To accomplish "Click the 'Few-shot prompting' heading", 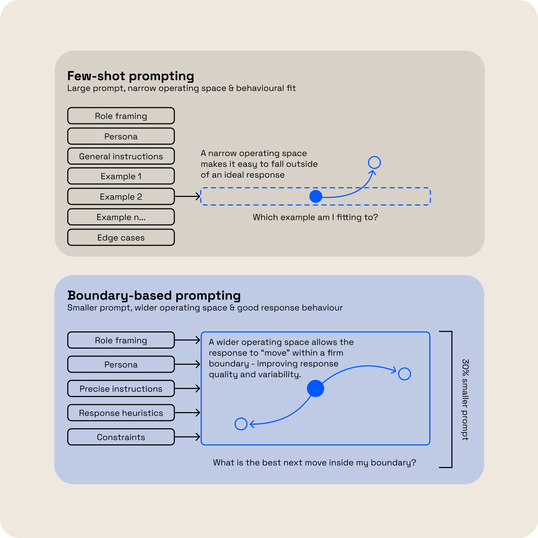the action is tap(131, 76).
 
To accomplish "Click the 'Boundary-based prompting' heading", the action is tap(154, 296).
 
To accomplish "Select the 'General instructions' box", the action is tap(121, 156).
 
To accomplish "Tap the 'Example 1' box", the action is tap(121, 176).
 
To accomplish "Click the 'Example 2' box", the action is tap(121, 197).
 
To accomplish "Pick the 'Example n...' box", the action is tap(121, 217).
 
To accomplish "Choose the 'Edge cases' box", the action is tap(121, 237).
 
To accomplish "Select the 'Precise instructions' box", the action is tap(121, 388).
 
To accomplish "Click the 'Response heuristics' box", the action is tap(121, 413).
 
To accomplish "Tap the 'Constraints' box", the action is tap(121, 437).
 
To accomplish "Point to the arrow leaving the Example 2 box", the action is tap(187, 196).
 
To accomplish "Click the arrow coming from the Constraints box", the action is tap(187, 437).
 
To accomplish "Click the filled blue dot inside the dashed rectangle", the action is tap(316, 196).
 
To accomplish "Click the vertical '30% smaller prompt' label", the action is tap(465, 400).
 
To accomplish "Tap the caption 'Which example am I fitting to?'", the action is tap(315, 217).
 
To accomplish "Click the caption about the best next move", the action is tap(315, 463).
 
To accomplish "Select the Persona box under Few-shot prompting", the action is tap(121, 136).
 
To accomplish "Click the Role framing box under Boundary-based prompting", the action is tap(121, 340).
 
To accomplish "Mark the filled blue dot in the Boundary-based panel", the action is tap(316, 388).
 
